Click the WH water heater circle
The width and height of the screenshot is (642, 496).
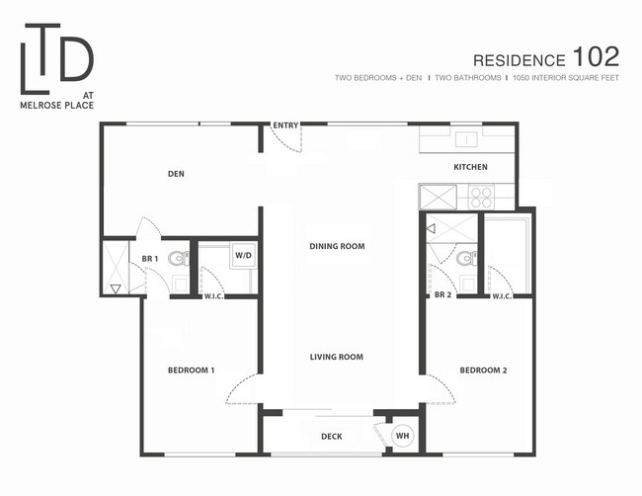click(402, 436)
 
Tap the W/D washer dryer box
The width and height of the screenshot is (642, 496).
click(243, 256)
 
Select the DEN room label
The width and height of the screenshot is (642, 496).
click(176, 174)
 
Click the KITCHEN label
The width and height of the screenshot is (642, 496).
click(470, 167)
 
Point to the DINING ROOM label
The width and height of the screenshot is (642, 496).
click(337, 246)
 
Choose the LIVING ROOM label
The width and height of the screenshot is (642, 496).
click(336, 357)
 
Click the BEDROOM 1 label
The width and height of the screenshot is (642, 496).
click(192, 371)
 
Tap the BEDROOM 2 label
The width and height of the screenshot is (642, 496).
click(484, 371)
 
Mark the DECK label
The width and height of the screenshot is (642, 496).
click(332, 437)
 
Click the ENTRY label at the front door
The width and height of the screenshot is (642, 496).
click(285, 125)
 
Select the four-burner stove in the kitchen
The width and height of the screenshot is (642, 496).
click(481, 197)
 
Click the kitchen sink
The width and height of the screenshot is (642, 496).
click(466, 140)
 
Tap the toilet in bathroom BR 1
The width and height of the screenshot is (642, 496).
click(180, 259)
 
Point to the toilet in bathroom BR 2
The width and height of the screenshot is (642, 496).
click(467, 259)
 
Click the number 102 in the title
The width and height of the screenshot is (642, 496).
click(596, 56)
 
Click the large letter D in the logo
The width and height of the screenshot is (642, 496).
click(77, 58)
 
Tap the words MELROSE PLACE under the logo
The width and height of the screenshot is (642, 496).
click(57, 106)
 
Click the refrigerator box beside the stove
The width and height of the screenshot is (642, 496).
click(438, 197)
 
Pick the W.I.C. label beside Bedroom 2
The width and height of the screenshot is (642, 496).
click(501, 296)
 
